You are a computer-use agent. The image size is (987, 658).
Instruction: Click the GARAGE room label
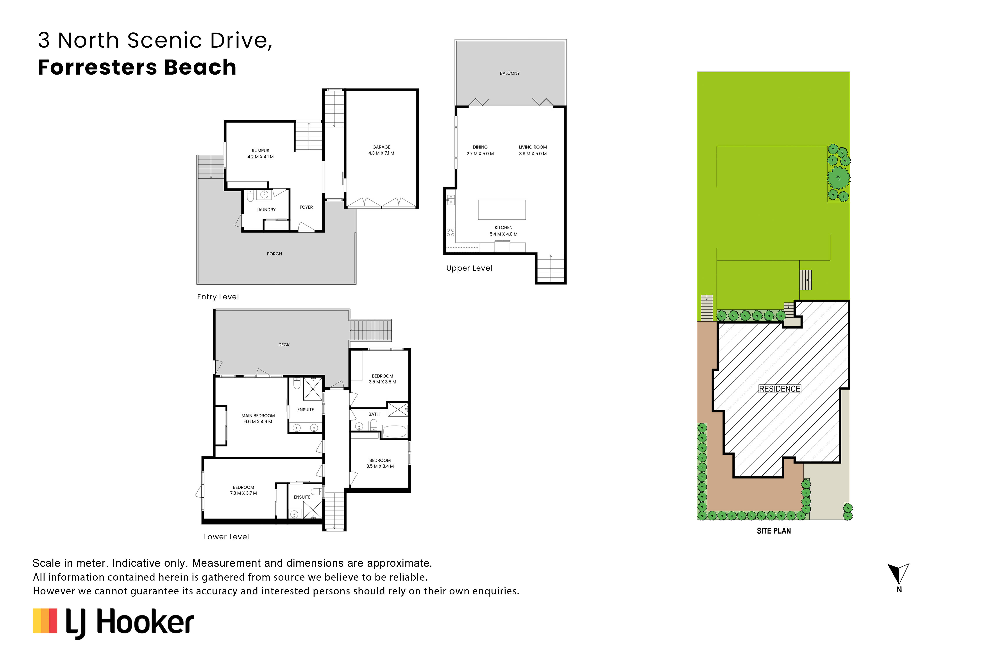(x=381, y=147)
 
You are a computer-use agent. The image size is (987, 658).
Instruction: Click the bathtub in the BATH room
(x=394, y=431)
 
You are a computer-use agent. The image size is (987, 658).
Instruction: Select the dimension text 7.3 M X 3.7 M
(x=243, y=493)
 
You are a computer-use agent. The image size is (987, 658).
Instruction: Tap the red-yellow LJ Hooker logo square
(x=45, y=621)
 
